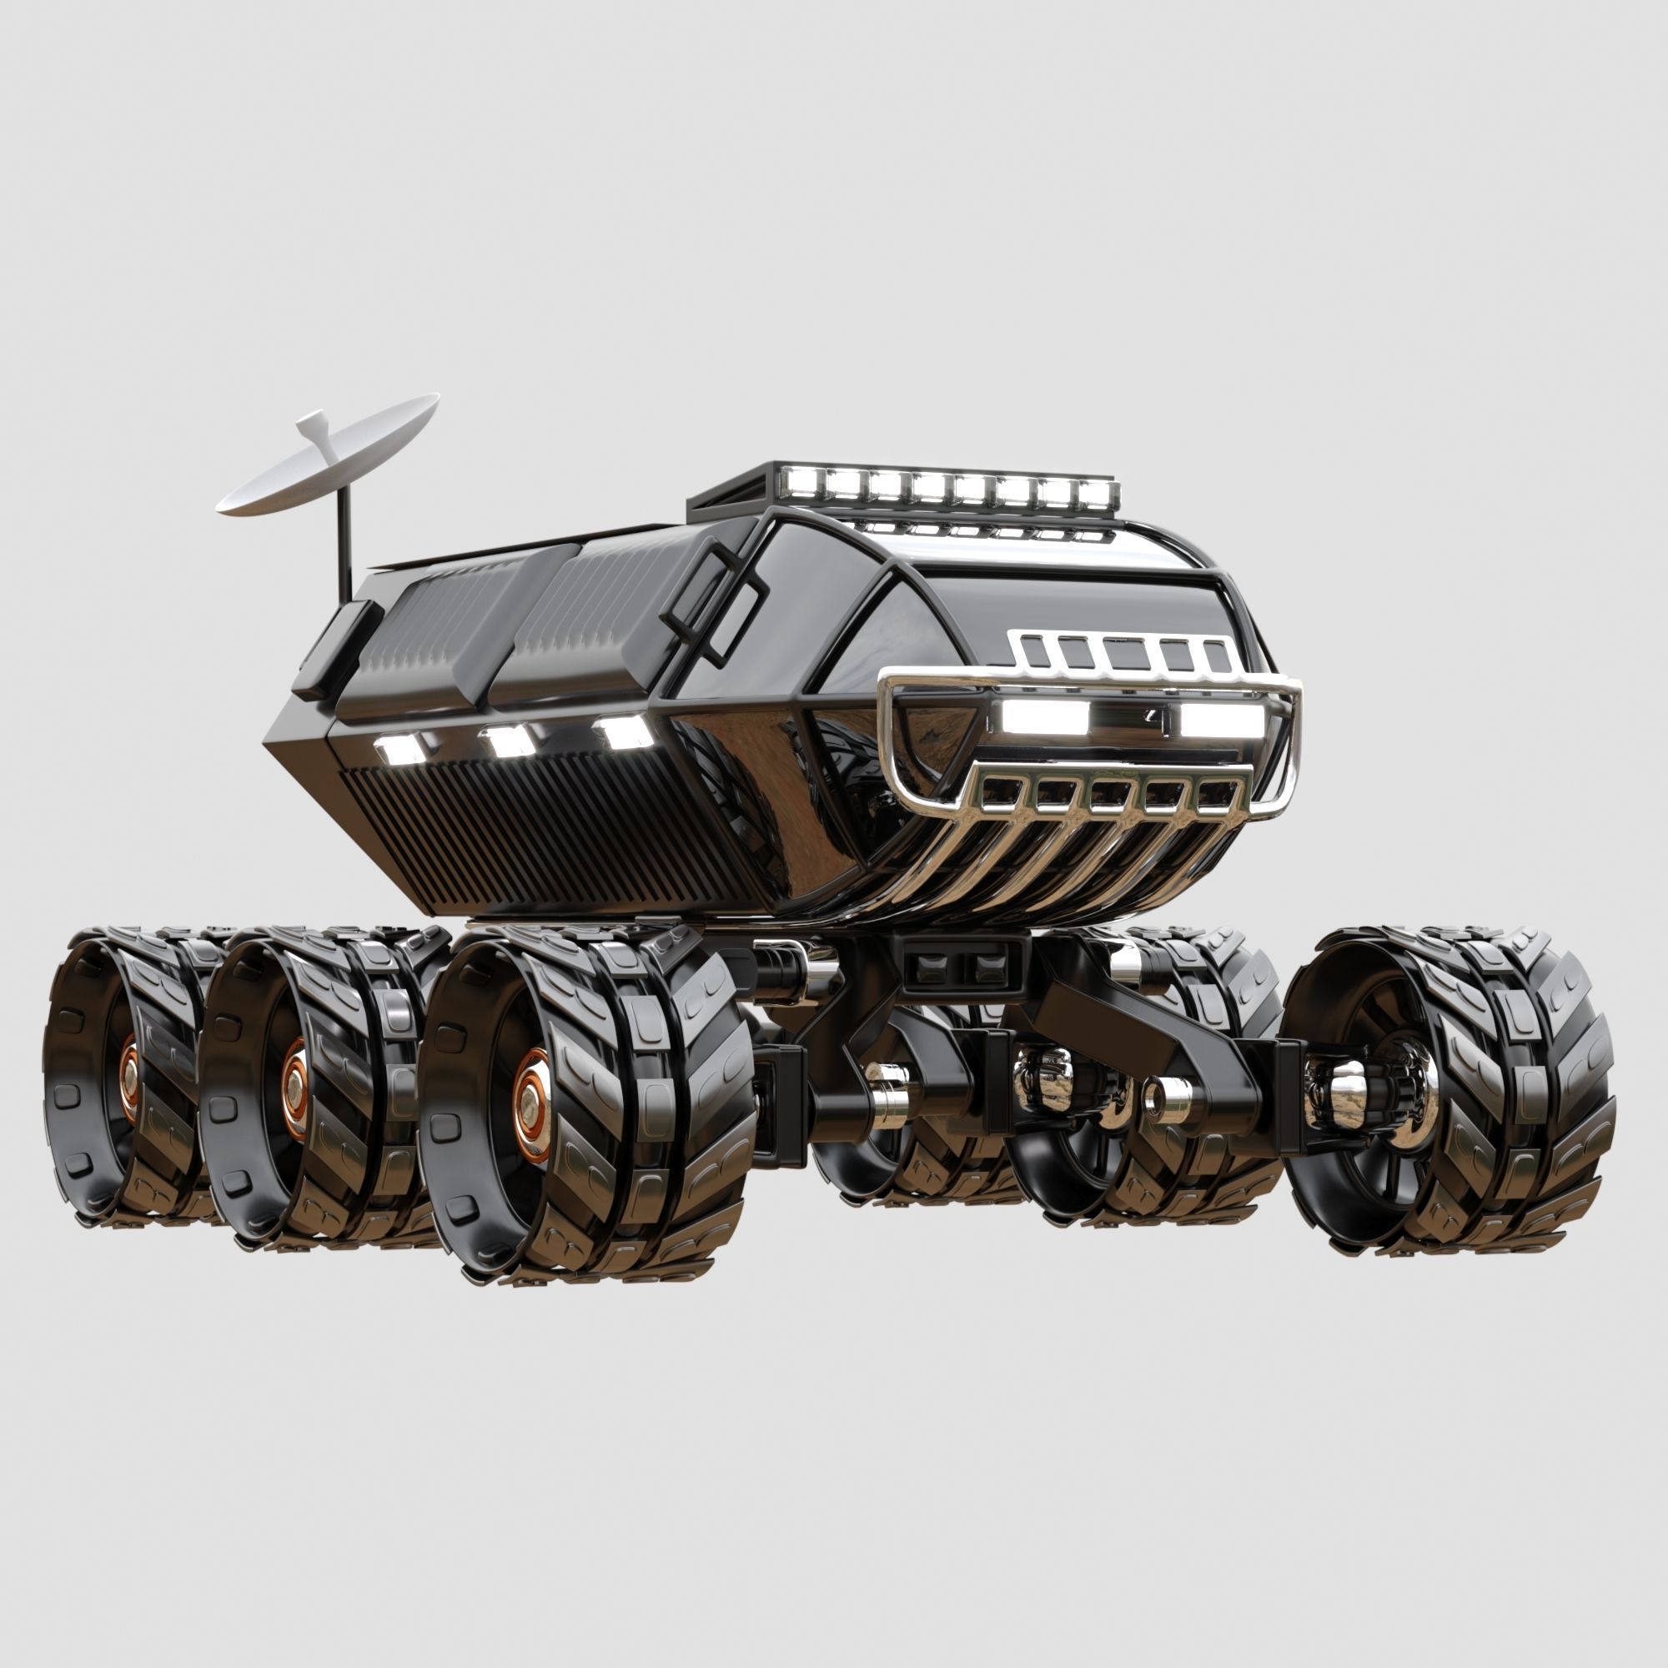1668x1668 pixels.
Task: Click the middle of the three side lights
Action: (x=508, y=740)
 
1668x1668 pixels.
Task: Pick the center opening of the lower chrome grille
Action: (x=1108, y=795)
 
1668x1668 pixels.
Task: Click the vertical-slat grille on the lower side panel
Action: (x=535, y=829)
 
